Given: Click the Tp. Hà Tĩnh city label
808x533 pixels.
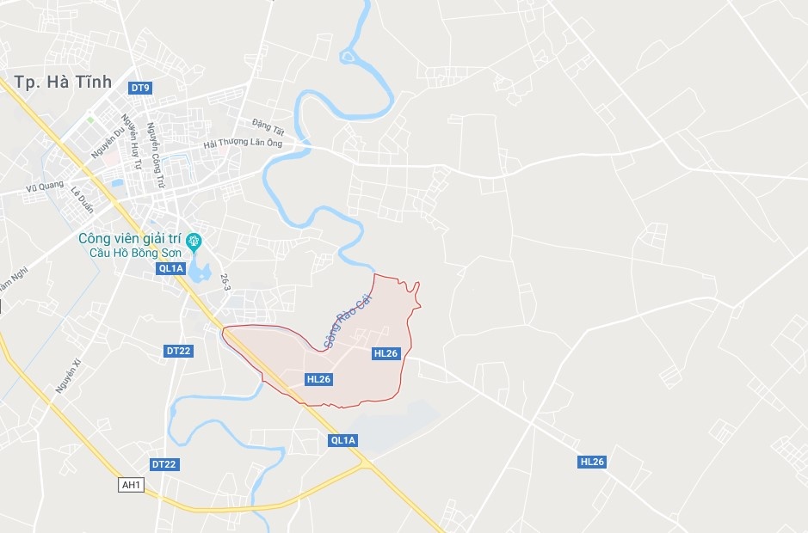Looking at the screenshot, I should [x=64, y=82].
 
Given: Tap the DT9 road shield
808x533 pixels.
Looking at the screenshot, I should [x=140, y=88].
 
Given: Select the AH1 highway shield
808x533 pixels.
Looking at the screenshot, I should [x=131, y=485].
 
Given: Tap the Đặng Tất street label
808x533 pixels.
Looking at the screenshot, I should [x=267, y=126].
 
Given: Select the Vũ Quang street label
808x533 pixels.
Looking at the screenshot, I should [x=45, y=186].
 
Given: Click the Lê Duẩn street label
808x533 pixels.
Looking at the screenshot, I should [x=82, y=199].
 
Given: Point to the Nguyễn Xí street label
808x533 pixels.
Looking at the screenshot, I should [x=68, y=377].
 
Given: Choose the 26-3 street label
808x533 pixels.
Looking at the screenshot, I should [x=225, y=282].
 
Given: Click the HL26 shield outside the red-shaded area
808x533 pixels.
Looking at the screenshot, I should [x=592, y=462].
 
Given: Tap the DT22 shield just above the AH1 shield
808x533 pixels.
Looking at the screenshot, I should [x=163, y=464].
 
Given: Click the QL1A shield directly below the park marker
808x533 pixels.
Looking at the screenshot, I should [x=170, y=268].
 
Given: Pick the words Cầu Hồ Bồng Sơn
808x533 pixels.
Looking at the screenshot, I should [x=137, y=253].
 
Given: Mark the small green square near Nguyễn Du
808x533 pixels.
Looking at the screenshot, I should [x=90, y=119].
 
